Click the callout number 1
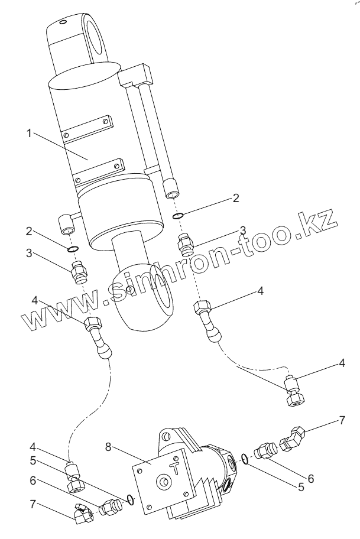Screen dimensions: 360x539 coord(28,133)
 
